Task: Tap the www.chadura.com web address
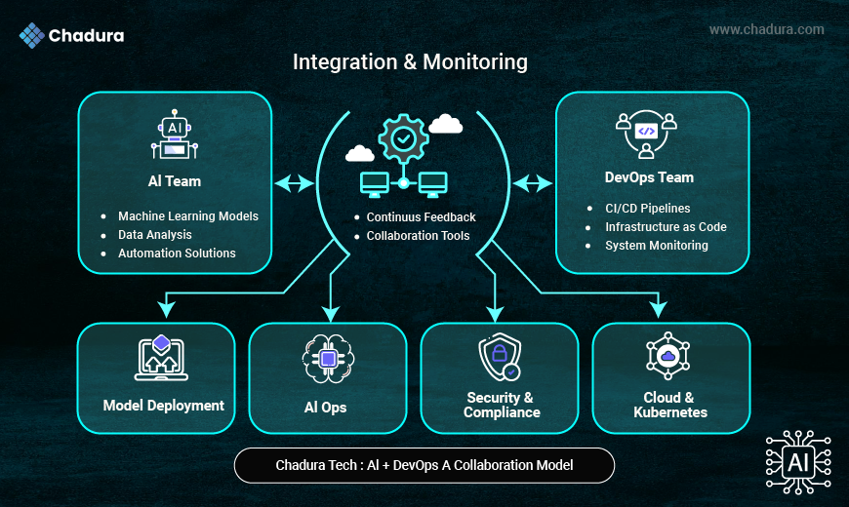point(766,29)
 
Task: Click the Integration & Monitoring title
point(410,62)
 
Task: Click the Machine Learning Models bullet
point(187,215)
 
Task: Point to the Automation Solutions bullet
point(177,253)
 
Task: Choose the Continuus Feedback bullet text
point(421,216)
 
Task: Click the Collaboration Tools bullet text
point(418,236)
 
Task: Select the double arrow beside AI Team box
point(294,182)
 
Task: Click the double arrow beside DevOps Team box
point(533,182)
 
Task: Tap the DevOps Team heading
point(649,177)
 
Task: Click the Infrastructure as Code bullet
point(666,226)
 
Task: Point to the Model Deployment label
point(164,406)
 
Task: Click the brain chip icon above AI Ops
point(328,359)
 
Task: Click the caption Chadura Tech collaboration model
point(424,465)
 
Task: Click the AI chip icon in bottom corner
point(797,462)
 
